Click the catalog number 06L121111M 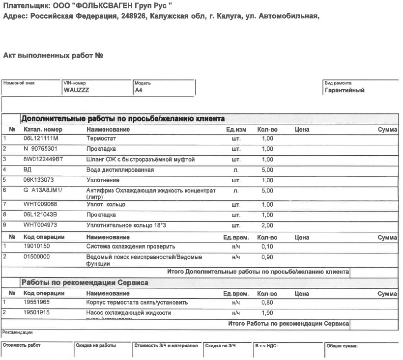click(x=41, y=139)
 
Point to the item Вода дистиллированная click(x=120, y=170)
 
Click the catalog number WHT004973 click(x=40, y=225)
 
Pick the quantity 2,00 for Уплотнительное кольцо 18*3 click(x=267, y=225)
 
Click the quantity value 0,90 click(x=267, y=257)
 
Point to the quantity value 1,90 click(x=267, y=313)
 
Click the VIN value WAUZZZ click(x=76, y=90)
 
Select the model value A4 click(x=138, y=90)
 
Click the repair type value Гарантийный click(x=345, y=90)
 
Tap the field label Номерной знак click(x=19, y=83)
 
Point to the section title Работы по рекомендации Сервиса click(x=84, y=283)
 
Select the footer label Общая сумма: click(x=342, y=346)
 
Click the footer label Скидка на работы click(x=96, y=346)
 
